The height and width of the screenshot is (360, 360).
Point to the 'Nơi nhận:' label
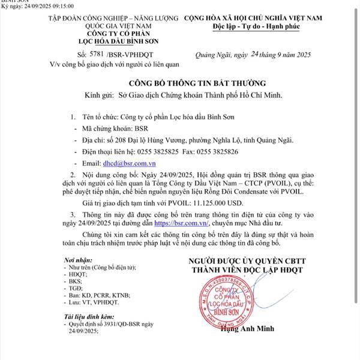click(77, 259)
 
